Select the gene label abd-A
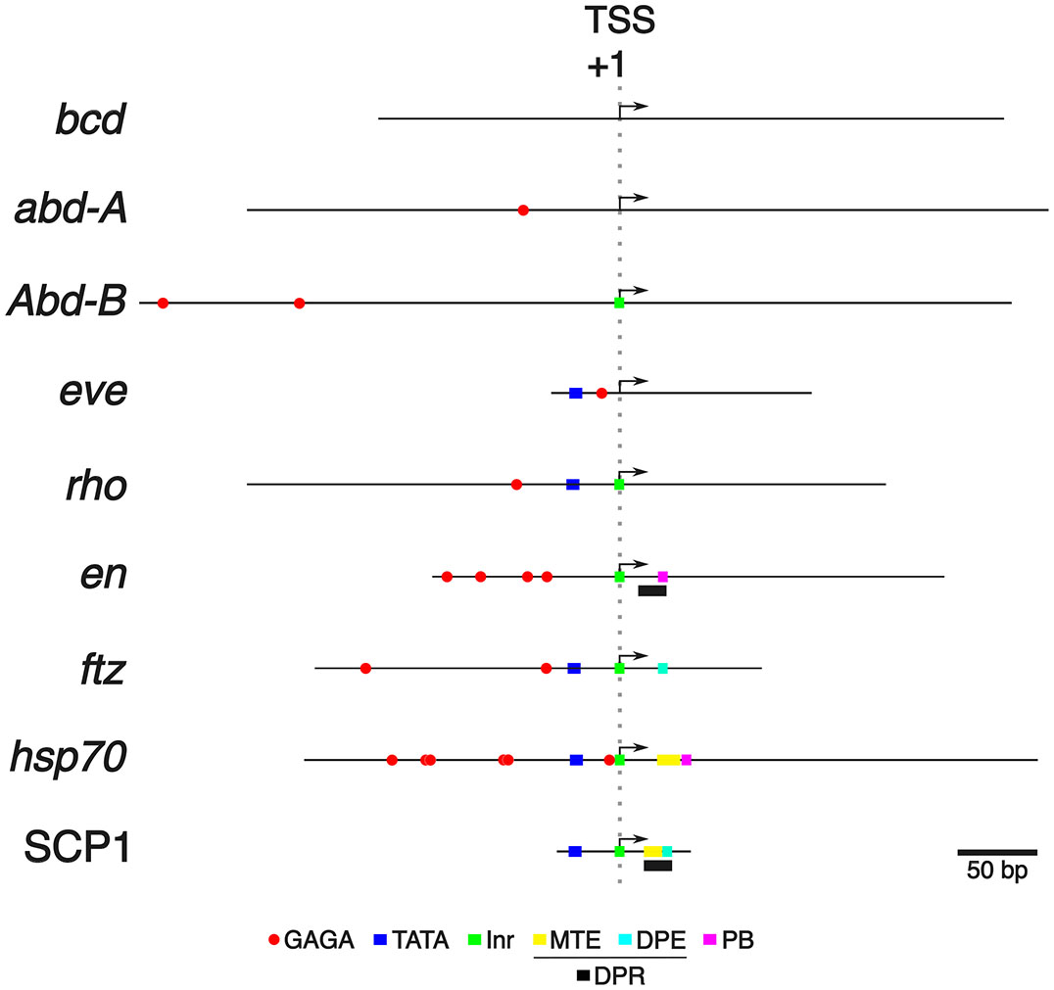tap(72, 209)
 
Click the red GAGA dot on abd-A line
tap(523, 210)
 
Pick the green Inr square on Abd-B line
tap(619, 303)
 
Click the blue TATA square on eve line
tap(576, 393)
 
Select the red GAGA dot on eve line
tap(601, 393)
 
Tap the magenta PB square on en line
tap(663, 577)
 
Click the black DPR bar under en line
tap(652, 590)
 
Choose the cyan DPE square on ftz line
tap(663, 668)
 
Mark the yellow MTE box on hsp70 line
tap(668, 760)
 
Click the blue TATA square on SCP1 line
tap(575, 851)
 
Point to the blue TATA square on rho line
tap(573, 484)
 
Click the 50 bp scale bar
tap(997, 851)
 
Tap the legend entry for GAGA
tap(309, 942)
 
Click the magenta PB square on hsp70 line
tap(687, 760)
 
